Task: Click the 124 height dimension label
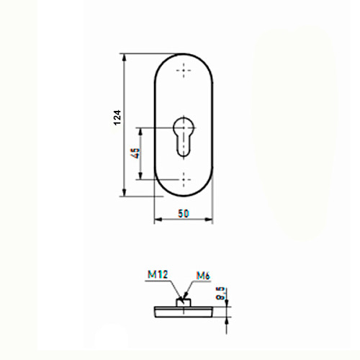point(117,117)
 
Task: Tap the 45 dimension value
point(135,153)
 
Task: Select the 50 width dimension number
point(184,213)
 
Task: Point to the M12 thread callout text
point(158,274)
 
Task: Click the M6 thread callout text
point(203,276)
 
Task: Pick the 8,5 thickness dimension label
point(221,293)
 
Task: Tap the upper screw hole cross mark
point(184,71)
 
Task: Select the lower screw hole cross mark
point(184,179)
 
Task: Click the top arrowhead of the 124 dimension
point(124,58)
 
